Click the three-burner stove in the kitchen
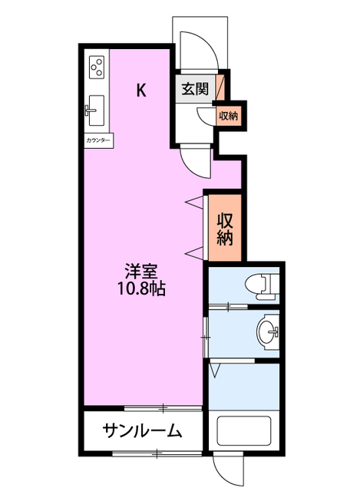click(x=97, y=68)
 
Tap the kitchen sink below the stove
click(x=95, y=110)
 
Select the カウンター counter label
click(x=98, y=140)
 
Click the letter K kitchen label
click(x=141, y=91)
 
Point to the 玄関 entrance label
click(x=195, y=89)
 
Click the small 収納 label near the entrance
click(x=228, y=116)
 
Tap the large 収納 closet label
click(x=225, y=229)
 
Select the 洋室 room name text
click(x=141, y=271)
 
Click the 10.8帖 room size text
click(x=141, y=288)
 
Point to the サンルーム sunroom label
click(x=143, y=431)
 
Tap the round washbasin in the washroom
click(x=268, y=331)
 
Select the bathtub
click(x=244, y=431)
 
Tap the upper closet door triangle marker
click(x=194, y=202)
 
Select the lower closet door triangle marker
click(x=194, y=252)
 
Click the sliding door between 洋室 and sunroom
click(x=163, y=408)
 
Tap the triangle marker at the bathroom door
click(x=215, y=370)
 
